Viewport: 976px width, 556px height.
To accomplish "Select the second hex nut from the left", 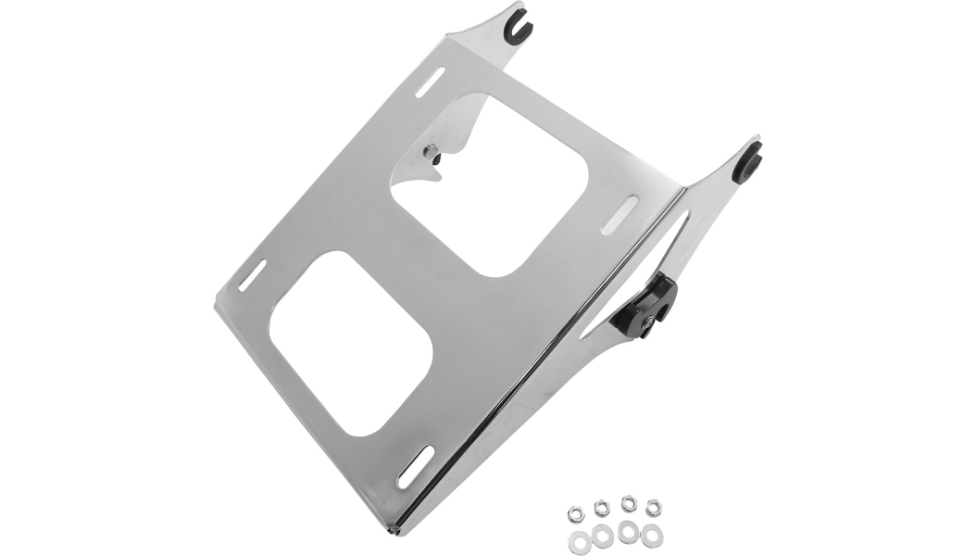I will pos(600,505).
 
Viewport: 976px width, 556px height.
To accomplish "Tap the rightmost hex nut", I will pos(654,506).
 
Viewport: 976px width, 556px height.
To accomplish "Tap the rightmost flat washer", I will pos(653,534).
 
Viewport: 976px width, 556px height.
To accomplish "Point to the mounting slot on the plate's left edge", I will pos(252,275).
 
